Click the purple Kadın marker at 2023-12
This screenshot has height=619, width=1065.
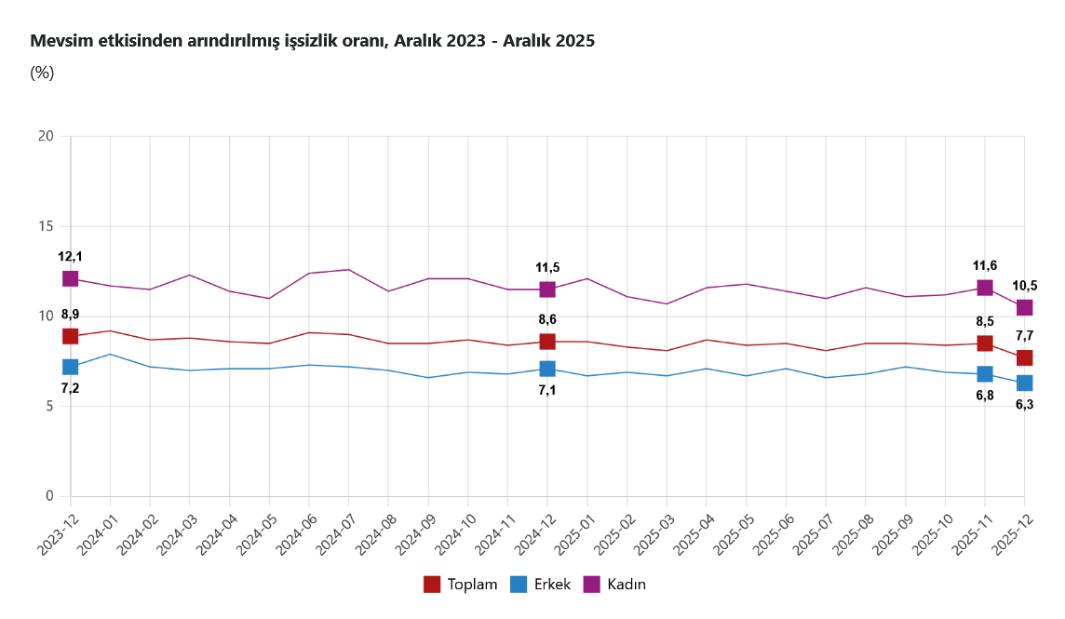[71, 278]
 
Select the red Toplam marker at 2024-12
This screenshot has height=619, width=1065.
[547, 342]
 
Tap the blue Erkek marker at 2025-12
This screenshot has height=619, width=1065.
[1024, 383]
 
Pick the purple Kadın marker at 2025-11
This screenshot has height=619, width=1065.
[985, 288]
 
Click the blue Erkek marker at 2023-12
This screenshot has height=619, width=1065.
[71, 367]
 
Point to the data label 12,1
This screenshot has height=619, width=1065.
[71, 257]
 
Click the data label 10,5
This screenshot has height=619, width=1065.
[1024, 286]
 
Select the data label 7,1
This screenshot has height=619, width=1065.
[547, 390]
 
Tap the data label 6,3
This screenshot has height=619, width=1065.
[1024, 404]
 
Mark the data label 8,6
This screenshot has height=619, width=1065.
[547, 320]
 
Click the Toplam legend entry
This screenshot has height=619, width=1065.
[461, 585]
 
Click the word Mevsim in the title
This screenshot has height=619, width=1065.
[58, 41]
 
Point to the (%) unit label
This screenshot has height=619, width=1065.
[43, 73]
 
